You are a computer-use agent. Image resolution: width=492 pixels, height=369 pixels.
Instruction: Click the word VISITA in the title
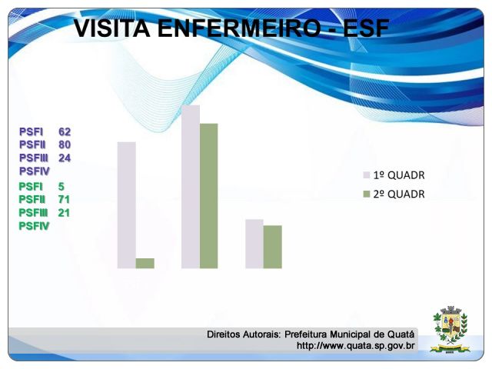[x=111, y=28]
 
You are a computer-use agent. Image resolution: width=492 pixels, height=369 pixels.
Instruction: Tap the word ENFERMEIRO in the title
[x=239, y=28]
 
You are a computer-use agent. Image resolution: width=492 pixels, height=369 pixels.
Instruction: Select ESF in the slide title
[x=366, y=28]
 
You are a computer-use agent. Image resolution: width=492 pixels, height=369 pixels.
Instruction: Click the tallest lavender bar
[x=191, y=187]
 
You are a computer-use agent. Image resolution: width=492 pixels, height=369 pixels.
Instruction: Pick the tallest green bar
[x=208, y=196]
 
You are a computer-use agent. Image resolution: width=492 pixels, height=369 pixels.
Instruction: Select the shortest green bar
[x=145, y=263]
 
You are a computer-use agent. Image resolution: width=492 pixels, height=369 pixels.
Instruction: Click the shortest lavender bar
[x=254, y=244]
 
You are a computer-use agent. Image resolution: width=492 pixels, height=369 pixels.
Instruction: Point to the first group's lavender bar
[x=126, y=205]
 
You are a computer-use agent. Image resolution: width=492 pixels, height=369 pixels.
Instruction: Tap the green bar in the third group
[x=273, y=247]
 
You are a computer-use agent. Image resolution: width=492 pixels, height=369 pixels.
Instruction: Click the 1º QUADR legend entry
[x=394, y=175]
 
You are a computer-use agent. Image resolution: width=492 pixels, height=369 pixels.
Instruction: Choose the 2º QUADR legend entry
[x=394, y=194]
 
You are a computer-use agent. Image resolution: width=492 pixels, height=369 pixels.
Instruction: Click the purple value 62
[x=65, y=131]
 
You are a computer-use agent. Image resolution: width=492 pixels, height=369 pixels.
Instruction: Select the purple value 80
[x=65, y=145]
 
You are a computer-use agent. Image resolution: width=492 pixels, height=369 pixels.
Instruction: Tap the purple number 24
[x=65, y=158]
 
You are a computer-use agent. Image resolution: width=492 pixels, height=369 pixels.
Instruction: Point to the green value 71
[x=64, y=200]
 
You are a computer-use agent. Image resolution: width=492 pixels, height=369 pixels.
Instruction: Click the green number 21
[x=64, y=213]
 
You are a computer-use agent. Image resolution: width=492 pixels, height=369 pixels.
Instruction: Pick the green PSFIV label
[x=34, y=226]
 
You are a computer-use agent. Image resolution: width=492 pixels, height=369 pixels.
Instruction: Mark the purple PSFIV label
[x=35, y=171]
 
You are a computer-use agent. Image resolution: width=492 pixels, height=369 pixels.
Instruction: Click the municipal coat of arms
[x=450, y=330]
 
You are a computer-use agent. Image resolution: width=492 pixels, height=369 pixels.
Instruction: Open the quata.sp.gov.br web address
[x=355, y=346]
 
